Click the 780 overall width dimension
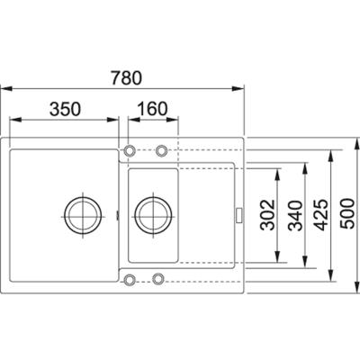pos(126,77)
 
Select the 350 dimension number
pos(65,109)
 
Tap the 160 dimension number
pos(152,109)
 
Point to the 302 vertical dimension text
pos(267,215)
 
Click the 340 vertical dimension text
pos(294,216)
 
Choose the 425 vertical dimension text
pos(321,215)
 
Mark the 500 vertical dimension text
pos(348,213)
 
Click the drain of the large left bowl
pos(83,217)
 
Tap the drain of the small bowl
pos(154,216)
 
